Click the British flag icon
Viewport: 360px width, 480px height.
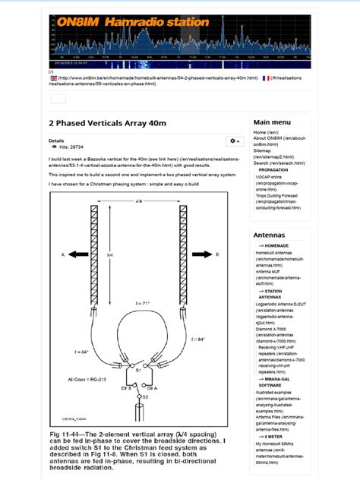tap(54, 78)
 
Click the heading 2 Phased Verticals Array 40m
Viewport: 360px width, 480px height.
tap(106, 122)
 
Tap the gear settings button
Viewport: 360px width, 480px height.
tap(233, 142)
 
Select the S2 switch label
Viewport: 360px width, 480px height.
tap(144, 396)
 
